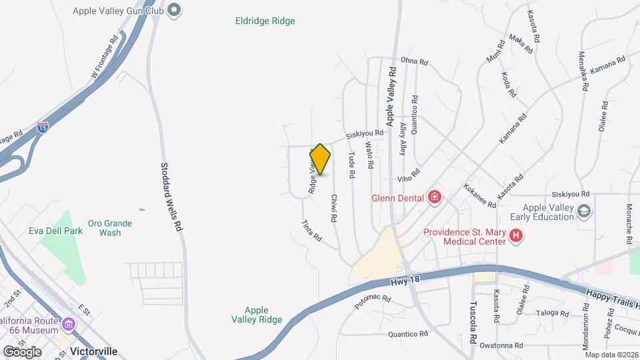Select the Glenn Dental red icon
(x=435, y=197)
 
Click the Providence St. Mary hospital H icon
(x=516, y=235)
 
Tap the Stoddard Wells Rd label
(x=171, y=197)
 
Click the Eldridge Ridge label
(x=265, y=21)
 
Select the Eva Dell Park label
(x=55, y=231)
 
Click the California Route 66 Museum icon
(x=68, y=325)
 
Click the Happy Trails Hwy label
(x=613, y=298)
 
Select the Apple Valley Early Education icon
(x=585, y=211)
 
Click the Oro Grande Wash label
(x=110, y=228)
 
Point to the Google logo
(x=22, y=351)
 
